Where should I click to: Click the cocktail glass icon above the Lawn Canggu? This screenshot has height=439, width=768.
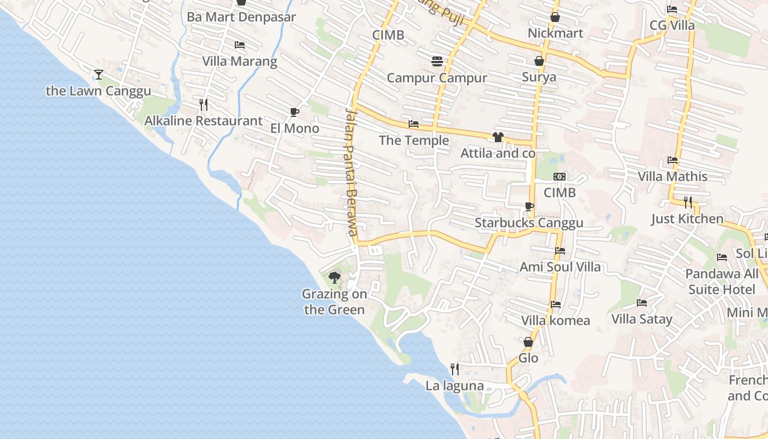(99, 75)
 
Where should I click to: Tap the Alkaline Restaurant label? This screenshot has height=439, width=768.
(204, 121)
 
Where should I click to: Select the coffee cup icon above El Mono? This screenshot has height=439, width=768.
(295, 112)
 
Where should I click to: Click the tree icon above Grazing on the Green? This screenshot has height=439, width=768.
(334, 278)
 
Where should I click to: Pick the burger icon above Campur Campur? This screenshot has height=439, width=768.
(437, 61)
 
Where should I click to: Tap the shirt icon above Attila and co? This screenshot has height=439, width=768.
(498, 137)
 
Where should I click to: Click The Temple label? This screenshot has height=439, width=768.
(414, 140)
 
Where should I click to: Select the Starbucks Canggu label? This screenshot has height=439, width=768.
(529, 223)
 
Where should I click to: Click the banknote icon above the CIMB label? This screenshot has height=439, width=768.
(560, 177)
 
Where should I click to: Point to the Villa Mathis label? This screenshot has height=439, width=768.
(673, 177)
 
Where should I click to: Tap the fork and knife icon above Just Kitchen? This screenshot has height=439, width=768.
(688, 202)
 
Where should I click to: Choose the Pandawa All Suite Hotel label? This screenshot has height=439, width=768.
(722, 282)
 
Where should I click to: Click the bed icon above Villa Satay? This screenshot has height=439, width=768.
(642, 303)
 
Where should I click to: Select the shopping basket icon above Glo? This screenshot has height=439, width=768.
(528, 342)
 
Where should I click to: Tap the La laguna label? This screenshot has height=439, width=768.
(455, 386)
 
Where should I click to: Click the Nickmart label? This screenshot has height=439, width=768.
(555, 33)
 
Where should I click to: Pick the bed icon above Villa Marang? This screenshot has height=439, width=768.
(240, 45)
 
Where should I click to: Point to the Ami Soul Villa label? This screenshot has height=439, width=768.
(560, 267)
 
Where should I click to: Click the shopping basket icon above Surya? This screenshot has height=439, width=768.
(539, 61)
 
